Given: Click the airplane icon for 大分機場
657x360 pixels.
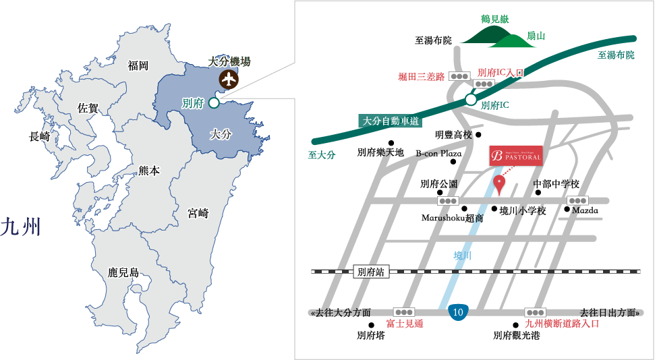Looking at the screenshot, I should click(x=229, y=79).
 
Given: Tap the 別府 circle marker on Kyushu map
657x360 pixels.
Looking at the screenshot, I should click(x=214, y=103).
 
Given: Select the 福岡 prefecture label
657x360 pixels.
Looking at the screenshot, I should click(x=138, y=65).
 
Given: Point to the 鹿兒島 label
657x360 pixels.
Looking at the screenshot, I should click(x=123, y=273).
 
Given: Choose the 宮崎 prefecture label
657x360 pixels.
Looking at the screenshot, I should click(x=198, y=214).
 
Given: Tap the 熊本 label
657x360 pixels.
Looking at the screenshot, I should click(x=148, y=171).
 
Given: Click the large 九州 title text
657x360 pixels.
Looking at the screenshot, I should click(x=21, y=227).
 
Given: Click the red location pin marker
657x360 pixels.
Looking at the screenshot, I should click(x=499, y=182).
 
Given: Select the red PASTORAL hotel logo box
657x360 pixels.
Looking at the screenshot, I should click(x=515, y=154).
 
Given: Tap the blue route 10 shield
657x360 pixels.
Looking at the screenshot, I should click(x=458, y=311).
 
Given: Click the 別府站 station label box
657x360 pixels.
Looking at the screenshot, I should click(x=371, y=272).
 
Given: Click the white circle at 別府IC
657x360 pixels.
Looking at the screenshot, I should click(x=470, y=100).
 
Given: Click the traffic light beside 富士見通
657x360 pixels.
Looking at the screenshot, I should click(x=404, y=312).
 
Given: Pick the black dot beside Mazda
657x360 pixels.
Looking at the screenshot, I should click(x=567, y=209).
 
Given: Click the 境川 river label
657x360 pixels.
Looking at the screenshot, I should click(x=462, y=256).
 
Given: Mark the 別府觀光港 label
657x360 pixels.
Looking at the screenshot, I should click(x=516, y=335).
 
